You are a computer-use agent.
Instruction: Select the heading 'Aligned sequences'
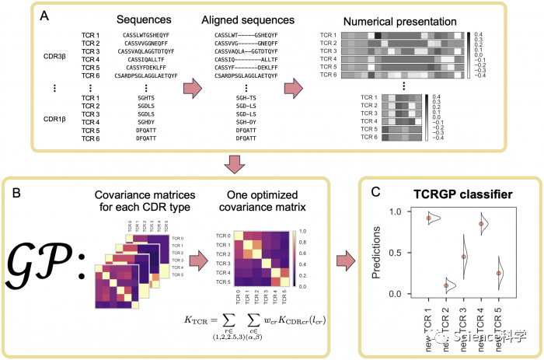click(232, 18)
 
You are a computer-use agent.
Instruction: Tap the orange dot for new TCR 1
click(429, 218)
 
